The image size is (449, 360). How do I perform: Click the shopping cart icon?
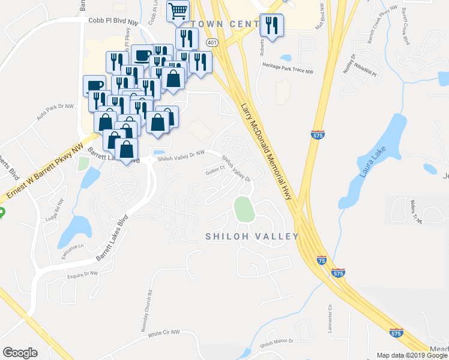click(178, 11)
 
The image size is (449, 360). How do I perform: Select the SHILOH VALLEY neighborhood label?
click(252, 236)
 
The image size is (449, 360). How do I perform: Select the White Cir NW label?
click(164, 332)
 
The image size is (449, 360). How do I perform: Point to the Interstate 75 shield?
click(323, 260)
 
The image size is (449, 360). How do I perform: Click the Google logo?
click(20, 353)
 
